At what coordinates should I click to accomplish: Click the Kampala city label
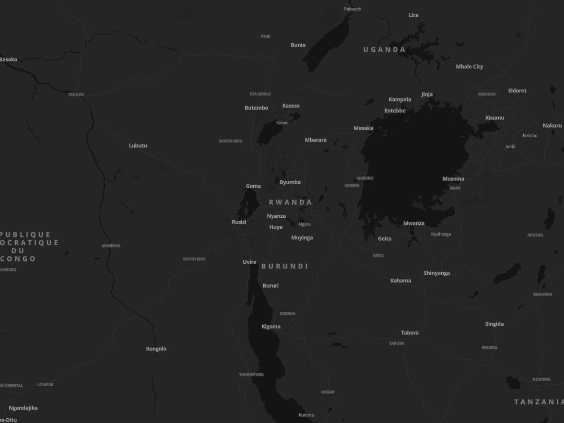399,99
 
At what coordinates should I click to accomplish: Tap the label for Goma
253,186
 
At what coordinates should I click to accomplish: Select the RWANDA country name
290,202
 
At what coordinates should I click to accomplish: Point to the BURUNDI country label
284,266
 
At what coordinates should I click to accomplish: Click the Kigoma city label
271,327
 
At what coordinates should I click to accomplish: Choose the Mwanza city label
413,223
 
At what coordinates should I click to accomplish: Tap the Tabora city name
410,333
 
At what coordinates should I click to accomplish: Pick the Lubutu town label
138,146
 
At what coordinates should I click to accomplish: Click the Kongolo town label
156,349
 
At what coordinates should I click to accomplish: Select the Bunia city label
298,45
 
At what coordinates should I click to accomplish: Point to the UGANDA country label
384,49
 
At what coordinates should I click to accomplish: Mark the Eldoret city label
517,91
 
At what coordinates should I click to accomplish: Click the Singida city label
494,324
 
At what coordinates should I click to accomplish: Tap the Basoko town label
9,59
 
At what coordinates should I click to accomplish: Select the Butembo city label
256,108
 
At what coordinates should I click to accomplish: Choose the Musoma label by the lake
453,179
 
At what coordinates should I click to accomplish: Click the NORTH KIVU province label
231,141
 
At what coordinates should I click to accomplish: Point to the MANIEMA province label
111,246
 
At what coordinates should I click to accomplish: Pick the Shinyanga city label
436,273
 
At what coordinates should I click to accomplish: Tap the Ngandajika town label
23,408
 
